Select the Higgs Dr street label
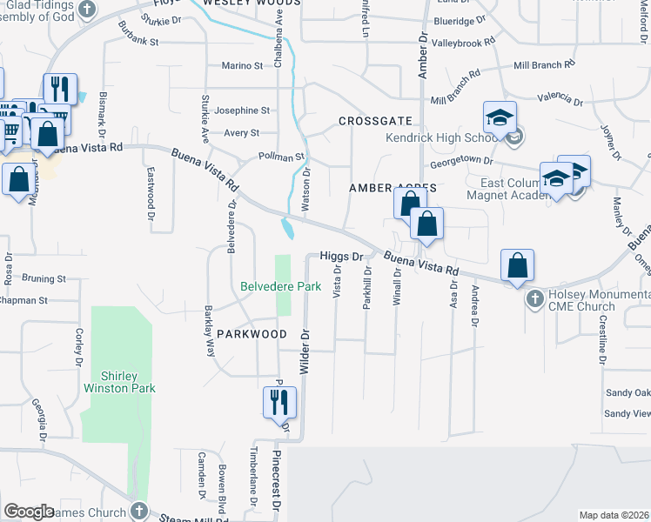coord(340,257)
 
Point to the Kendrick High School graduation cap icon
coord(500,118)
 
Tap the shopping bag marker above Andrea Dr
coord(517,266)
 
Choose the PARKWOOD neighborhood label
coord(252,334)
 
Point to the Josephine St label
coord(242,110)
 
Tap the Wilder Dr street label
coord(305,351)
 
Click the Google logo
coord(29,511)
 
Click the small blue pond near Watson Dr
coord(288,229)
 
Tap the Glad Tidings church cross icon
coord(86,9)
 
